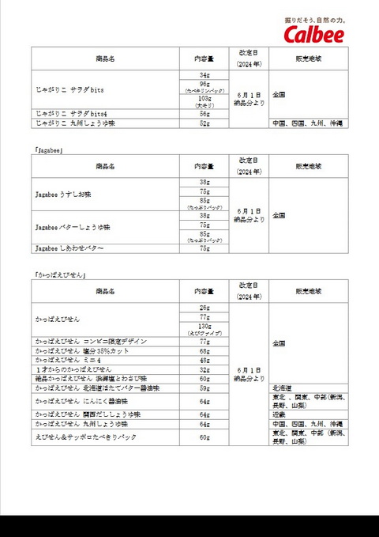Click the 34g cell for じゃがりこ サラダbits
coord(205,75)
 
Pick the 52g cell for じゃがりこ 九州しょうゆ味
coord(205,123)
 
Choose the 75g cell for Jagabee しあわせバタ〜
coord(205,248)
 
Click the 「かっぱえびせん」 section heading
coord(60,274)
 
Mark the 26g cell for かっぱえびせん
coord(205,308)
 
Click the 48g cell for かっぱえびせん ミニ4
coord(205,360)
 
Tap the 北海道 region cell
coord(283,388)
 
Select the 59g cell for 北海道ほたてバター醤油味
coord(205,388)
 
